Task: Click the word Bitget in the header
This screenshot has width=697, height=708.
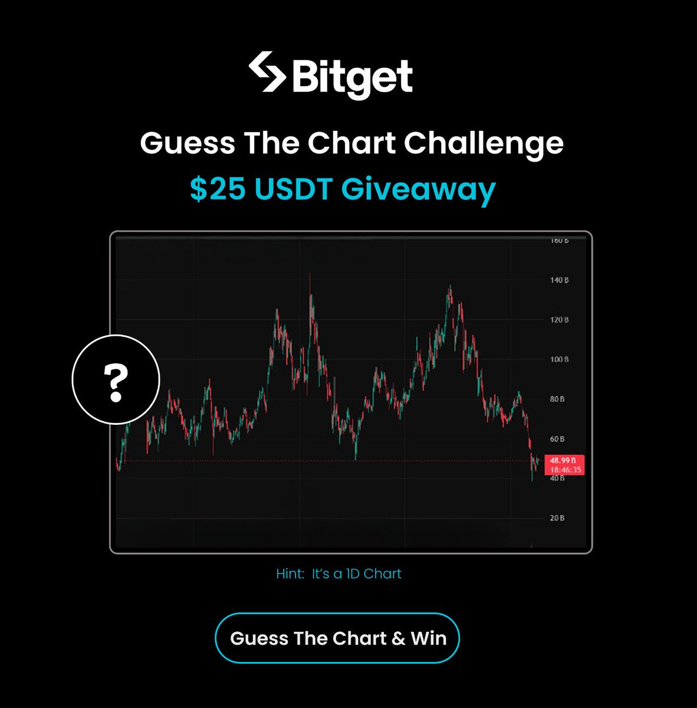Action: point(352,77)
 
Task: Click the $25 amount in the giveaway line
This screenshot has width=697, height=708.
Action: point(215,189)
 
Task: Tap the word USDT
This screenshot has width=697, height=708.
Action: point(291,189)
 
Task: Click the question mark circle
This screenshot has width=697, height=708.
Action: point(116,379)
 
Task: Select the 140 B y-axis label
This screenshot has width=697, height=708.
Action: point(560,280)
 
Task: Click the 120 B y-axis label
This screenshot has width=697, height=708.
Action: point(560,320)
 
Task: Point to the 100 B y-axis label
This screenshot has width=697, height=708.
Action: point(560,359)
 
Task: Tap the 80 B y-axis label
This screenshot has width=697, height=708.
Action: point(558,399)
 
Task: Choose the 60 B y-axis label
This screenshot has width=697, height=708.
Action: point(558,439)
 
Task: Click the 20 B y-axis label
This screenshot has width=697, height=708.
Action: point(558,518)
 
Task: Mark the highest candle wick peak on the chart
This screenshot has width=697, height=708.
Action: point(310,274)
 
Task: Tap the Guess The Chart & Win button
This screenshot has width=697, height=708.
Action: point(337,638)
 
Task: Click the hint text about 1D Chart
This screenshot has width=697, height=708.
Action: point(338,573)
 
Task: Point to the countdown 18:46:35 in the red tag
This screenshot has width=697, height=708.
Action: point(566,470)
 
